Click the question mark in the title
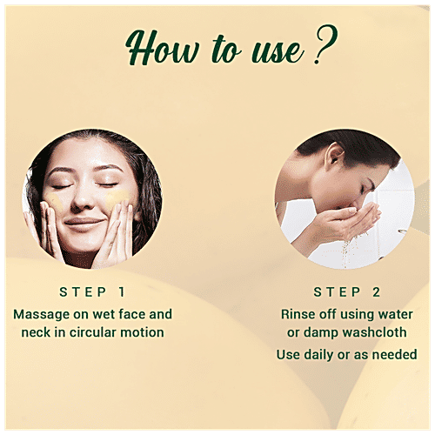tap(324, 49)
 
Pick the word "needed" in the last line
tap(395, 354)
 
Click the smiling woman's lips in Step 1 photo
tap(85, 222)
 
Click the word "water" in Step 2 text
tap(394, 313)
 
